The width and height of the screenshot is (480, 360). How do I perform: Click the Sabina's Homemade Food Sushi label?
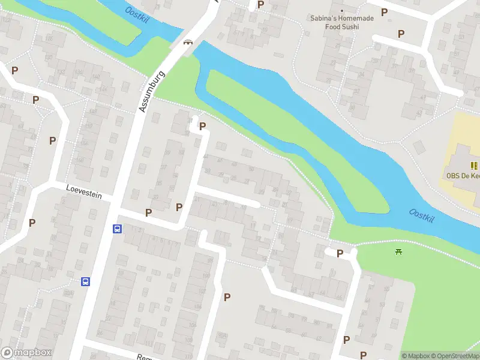coord(342,23)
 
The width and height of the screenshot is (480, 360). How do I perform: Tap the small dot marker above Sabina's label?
coord(342,11)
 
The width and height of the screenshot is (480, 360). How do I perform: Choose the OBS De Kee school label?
coord(463,176)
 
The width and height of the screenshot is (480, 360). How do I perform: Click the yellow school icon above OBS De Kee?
coord(475,166)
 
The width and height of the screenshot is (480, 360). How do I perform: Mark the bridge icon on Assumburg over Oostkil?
coord(188,42)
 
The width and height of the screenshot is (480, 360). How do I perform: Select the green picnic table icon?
coord(398,251)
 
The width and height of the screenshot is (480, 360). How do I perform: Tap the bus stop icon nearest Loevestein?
coord(117,229)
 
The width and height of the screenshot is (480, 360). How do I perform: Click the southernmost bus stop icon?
coord(86,281)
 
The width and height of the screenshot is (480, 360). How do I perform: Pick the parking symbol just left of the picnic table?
coord(340,253)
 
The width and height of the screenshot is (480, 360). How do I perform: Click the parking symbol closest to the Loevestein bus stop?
coord(148,212)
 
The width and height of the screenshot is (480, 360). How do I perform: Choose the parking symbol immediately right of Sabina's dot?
coord(385,11)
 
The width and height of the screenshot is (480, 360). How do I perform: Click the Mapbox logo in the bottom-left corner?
coord(26,353)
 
